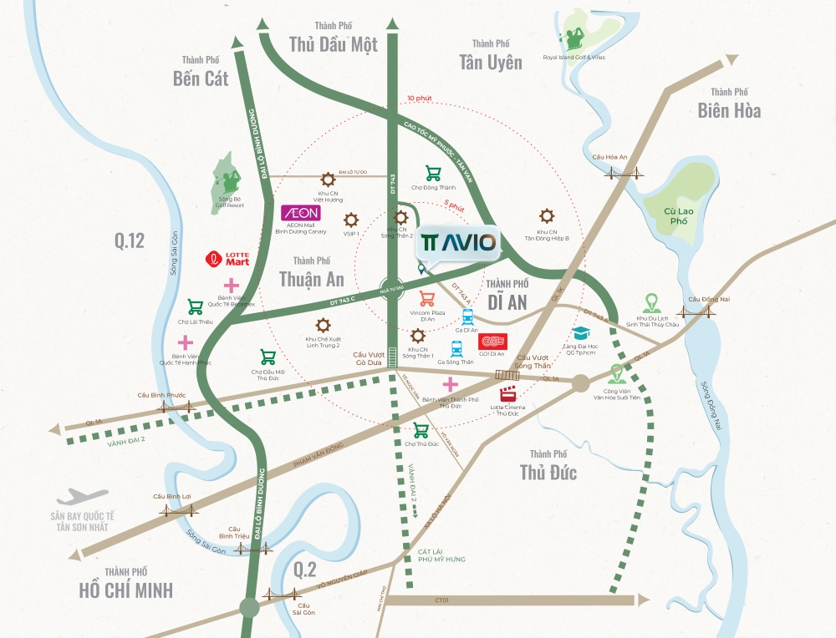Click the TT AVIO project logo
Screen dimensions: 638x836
point(458,242)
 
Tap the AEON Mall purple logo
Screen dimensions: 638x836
point(298,214)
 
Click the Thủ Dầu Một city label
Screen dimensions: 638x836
point(333,44)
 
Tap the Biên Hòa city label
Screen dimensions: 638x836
point(729,109)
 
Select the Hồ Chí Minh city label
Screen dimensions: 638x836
point(125,590)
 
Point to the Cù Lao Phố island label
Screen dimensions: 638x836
point(675,217)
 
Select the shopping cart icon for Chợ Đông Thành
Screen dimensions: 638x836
point(433,174)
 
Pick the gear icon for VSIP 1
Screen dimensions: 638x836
point(351,220)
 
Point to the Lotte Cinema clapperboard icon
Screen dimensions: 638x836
point(507,396)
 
